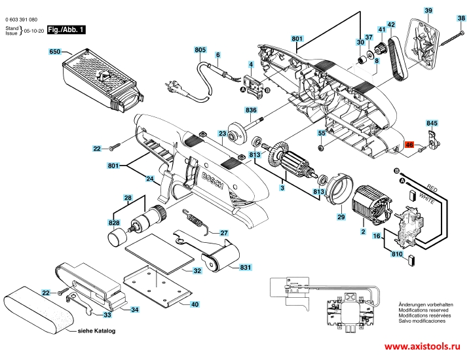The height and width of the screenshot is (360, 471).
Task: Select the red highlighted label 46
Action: [409, 145]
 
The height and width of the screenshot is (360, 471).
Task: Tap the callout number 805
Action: [200, 50]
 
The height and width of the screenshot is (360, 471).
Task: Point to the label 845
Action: [432, 122]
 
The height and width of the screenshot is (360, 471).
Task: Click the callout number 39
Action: [428, 11]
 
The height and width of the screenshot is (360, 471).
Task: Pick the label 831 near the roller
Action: [246, 268]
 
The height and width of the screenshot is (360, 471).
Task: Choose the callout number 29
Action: [341, 217]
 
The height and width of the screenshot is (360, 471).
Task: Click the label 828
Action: [115, 223]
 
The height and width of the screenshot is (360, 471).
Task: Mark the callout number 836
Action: [252, 109]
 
